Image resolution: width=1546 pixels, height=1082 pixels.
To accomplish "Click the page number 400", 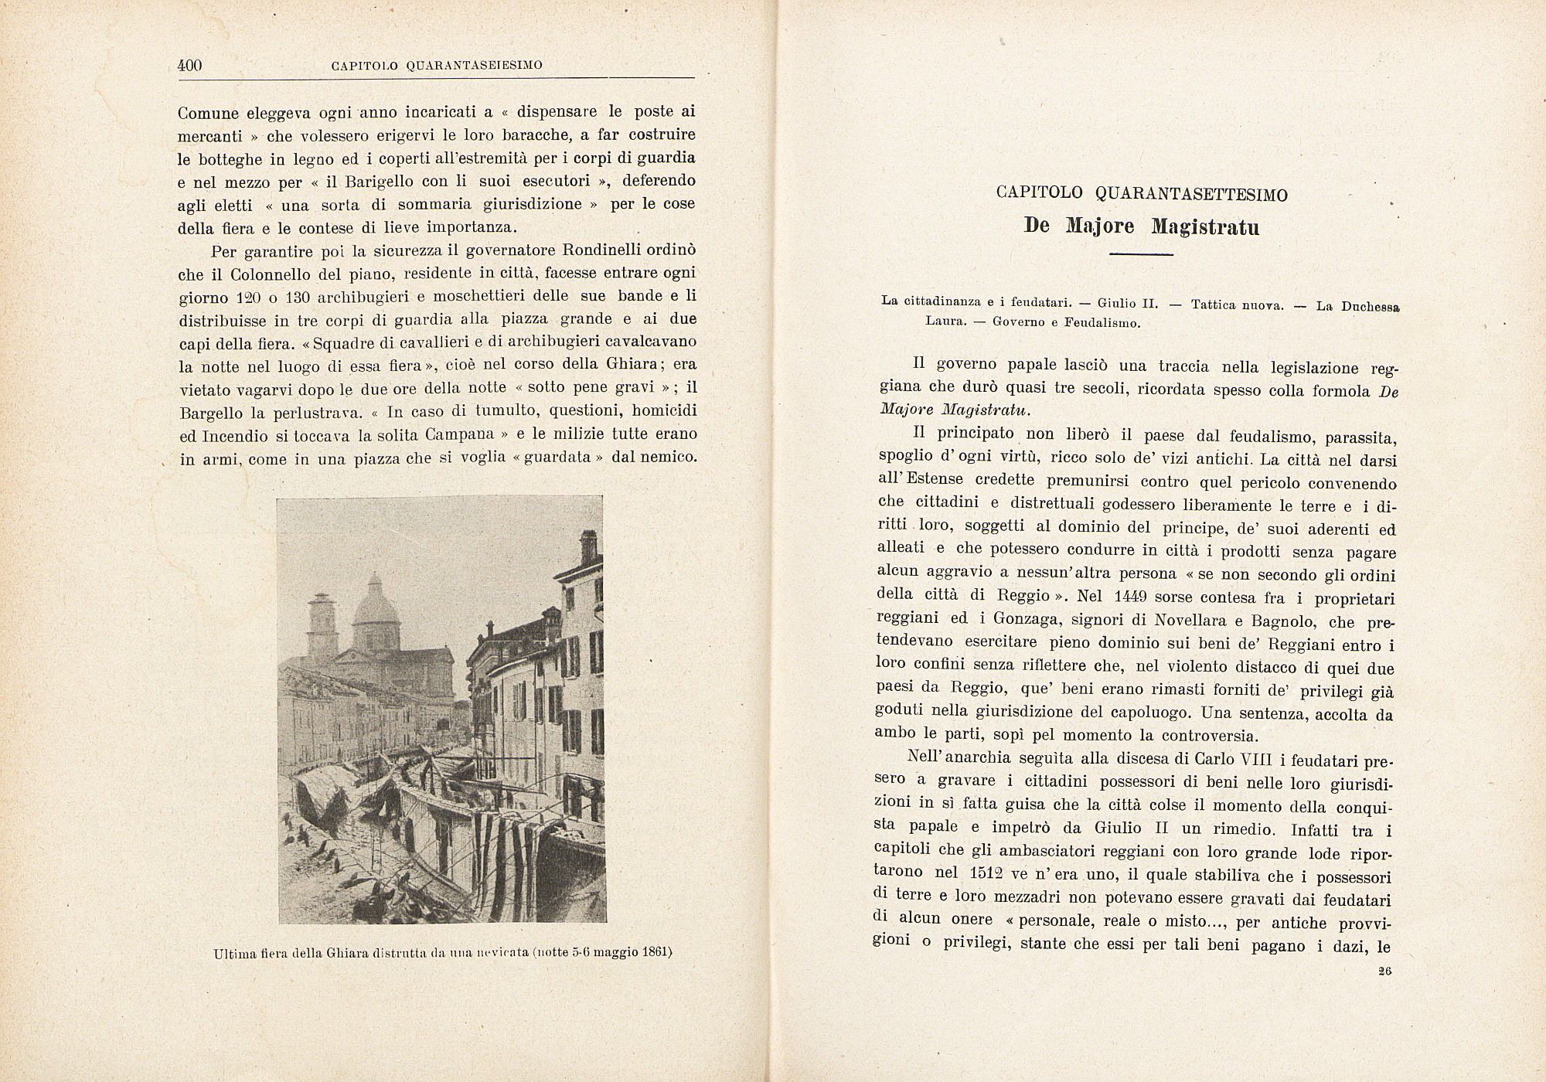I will pos(189,66).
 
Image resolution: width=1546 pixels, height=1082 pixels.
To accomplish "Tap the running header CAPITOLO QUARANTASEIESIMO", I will pos(437,66).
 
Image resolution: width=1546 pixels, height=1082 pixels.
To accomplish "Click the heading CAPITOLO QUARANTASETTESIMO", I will pos(1142,193).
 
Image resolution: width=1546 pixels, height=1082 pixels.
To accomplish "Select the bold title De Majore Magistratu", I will pos(1141,226).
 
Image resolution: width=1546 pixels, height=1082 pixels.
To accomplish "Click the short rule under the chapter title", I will pos(1141,254).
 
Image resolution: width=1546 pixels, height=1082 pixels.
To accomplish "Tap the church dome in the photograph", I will pos(376,603).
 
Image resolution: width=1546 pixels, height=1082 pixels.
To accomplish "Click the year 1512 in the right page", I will pos(989,873).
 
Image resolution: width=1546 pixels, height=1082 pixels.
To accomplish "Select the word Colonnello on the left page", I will pos(251,274).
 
